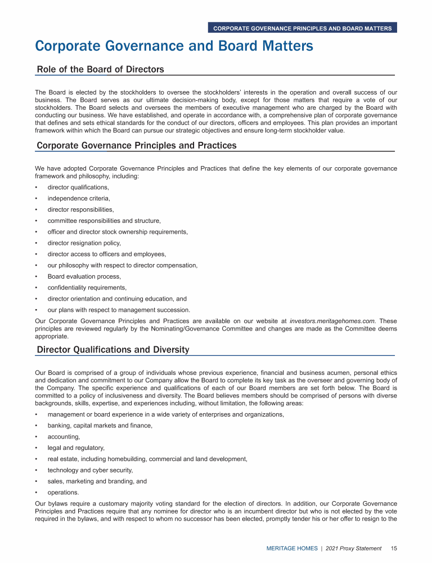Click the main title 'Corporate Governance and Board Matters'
click(174, 46)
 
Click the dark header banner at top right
click(302, 28)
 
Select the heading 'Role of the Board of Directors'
click(100, 70)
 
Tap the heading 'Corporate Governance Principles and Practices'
click(136, 146)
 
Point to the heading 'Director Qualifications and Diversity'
click(112, 350)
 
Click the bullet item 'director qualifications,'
click(78, 187)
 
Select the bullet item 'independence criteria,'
click(79, 198)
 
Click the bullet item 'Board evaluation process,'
click(84, 276)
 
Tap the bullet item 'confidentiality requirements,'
click(87, 288)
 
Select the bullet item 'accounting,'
click(64, 436)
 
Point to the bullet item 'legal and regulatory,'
click(76, 448)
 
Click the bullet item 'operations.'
click(63, 492)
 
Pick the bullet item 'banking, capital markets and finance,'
click(100, 426)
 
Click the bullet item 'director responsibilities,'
click(80, 209)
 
